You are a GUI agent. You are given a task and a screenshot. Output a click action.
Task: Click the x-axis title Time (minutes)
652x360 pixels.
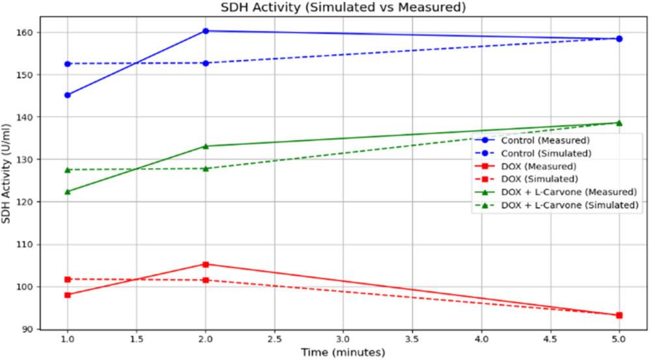tap(343, 352)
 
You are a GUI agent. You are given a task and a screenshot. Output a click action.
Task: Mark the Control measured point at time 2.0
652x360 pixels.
tap(206, 31)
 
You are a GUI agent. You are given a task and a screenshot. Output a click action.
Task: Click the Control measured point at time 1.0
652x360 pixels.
tap(68, 95)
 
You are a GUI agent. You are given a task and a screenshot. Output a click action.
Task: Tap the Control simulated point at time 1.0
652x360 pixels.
tap(68, 64)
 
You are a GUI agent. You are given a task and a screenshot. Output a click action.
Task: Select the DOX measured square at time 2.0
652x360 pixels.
tap(206, 264)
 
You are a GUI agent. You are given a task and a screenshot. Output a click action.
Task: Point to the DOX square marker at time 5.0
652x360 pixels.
tap(619, 315)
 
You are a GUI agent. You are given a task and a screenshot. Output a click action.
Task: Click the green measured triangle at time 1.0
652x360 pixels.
tap(68, 191)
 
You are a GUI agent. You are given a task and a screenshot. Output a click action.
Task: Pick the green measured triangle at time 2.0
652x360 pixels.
tap(206, 146)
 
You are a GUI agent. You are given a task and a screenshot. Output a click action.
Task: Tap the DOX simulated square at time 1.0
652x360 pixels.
tap(68, 279)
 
